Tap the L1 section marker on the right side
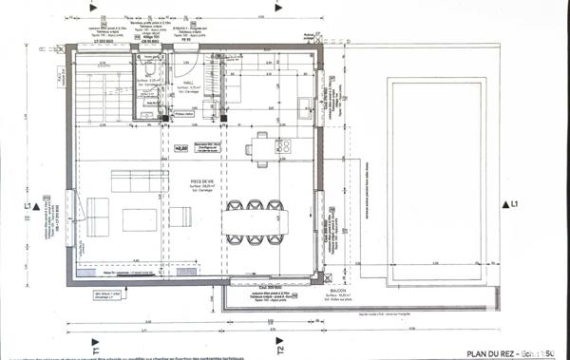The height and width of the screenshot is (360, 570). click(x=512, y=204)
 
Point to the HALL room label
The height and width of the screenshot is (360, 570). click(x=188, y=84)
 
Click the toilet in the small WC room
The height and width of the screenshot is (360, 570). click(x=150, y=74)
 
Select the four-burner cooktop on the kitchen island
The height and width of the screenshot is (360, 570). click(x=283, y=146)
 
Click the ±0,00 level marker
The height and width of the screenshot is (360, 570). click(x=180, y=149)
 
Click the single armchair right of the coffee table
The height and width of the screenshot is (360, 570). click(x=177, y=220)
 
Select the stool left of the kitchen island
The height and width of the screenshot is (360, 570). click(x=248, y=147)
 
